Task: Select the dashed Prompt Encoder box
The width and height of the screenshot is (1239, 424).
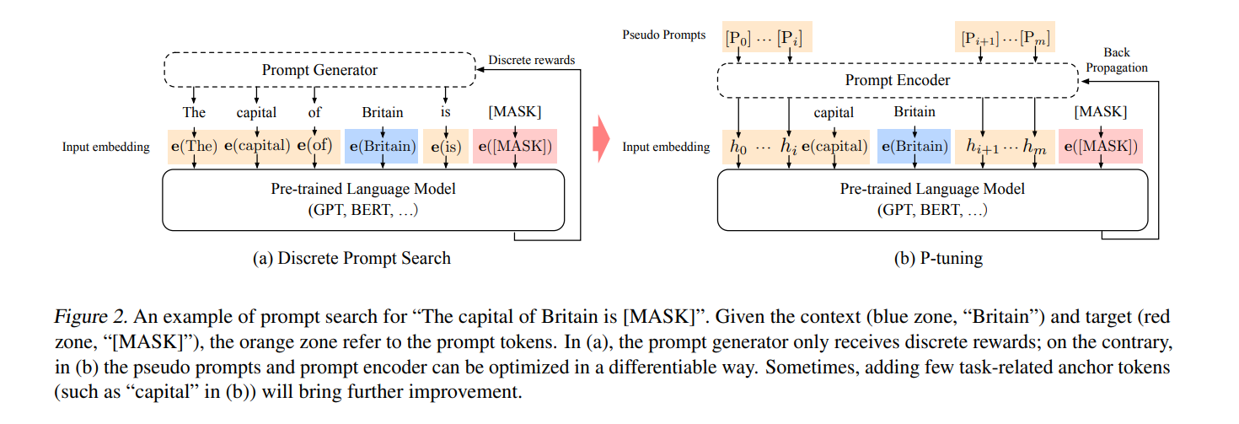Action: pyautogui.click(x=897, y=80)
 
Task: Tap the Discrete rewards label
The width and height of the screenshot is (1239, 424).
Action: pyautogui.click(x=531, y=60)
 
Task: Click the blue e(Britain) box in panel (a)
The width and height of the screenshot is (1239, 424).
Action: pyautogui.click(x=383, y=147)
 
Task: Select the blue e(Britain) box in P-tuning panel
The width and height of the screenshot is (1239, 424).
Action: pyautogui.click(x=914, y=147)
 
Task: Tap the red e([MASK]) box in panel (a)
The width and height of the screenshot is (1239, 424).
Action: pyautogui.click(x=515, y=147)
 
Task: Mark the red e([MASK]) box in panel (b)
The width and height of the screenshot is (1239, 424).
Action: pyautogui.click(x=1100, y=147)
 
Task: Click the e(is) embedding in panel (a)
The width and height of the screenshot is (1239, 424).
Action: pyautogui.click(x=445, y=147)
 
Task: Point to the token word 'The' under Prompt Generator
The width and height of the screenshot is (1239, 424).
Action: pyautogui.click(x=194, y=112)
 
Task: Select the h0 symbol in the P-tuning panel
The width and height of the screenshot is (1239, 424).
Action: pyautogui.click(x=739, y=147)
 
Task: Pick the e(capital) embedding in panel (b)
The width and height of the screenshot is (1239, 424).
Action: pyautogui.click(x=834, y=147)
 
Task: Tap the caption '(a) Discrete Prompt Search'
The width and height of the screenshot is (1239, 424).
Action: pyautogui.click(x=351, y=259)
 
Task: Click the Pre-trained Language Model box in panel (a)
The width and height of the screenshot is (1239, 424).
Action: pyautogui.click(x=363, y=199)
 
